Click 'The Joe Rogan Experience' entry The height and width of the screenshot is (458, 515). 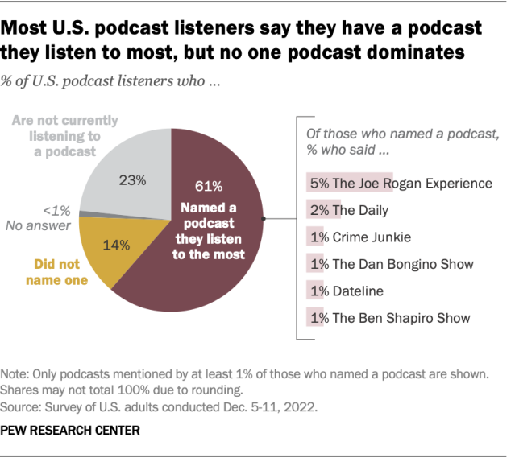coord(400,184)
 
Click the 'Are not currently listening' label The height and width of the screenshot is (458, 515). coord(65,135)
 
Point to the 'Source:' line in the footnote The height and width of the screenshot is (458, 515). coord(161,406)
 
